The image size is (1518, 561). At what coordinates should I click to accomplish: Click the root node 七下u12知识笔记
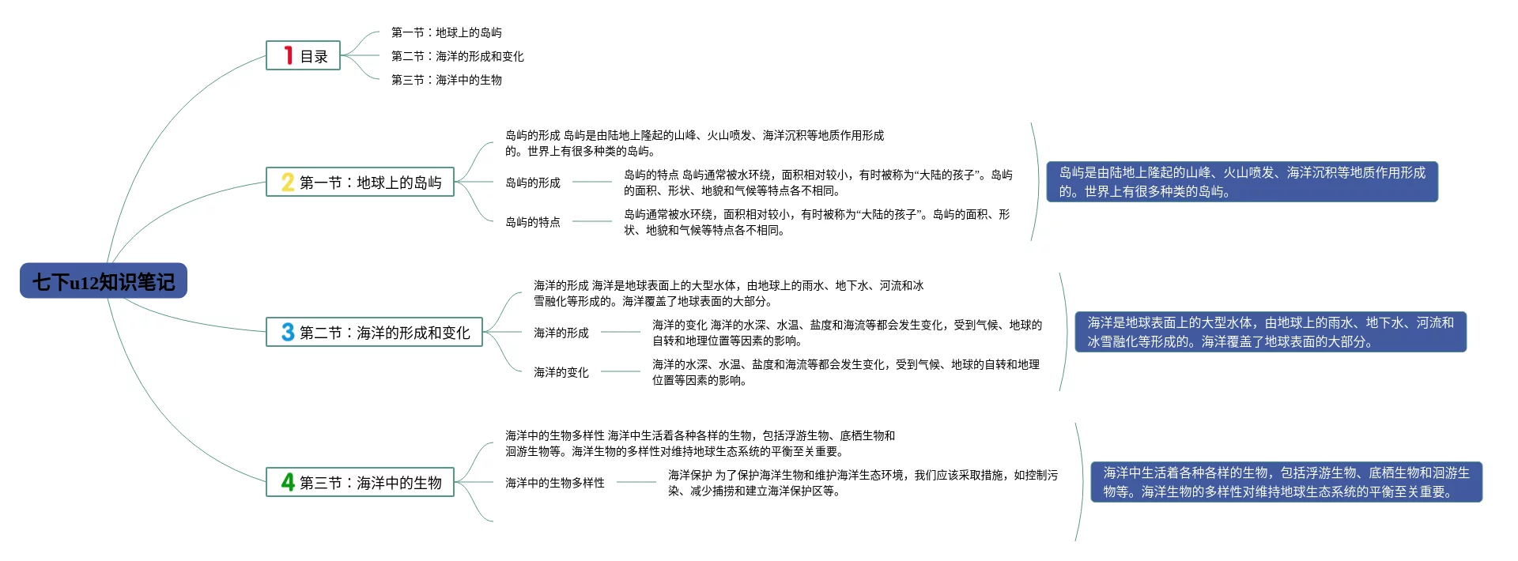coord(104,281)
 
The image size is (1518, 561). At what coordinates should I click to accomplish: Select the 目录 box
coord(304,56)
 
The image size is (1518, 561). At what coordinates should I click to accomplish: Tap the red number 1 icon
coord(289,55)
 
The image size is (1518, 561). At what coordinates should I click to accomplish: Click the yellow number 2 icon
coord(288,183)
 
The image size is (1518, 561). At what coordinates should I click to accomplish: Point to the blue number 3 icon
coord(288,333)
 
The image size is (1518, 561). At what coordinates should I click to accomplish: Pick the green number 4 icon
coord(288,482)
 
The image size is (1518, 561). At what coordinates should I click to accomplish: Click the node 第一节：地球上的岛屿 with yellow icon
coord(361,183)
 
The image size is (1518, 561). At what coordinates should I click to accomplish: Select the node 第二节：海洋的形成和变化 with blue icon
coord(375,333)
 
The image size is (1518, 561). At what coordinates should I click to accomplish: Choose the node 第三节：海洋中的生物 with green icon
coord(361,482)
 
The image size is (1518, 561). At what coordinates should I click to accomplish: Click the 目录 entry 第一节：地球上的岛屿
coord(447,32)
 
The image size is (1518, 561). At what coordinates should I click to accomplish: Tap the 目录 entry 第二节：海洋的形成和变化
coord(458,56)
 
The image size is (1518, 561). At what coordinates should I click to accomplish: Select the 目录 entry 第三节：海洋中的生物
coord(447,80)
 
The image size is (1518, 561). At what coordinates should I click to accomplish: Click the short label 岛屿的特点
coord(533,222)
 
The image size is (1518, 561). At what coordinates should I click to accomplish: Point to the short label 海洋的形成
coord(561,333)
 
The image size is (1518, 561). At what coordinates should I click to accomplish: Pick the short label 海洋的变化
coord(561,372)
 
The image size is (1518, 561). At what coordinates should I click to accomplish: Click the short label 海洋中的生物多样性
coord(555,483)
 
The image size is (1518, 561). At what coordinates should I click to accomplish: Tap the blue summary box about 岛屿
coord(1242,182)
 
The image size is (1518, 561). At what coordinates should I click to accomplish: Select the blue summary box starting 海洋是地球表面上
coord(1271,332)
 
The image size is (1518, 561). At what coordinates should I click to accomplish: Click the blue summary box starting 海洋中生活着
coord(1286,482)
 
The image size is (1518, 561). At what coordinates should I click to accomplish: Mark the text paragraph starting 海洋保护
coord(863,483)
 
